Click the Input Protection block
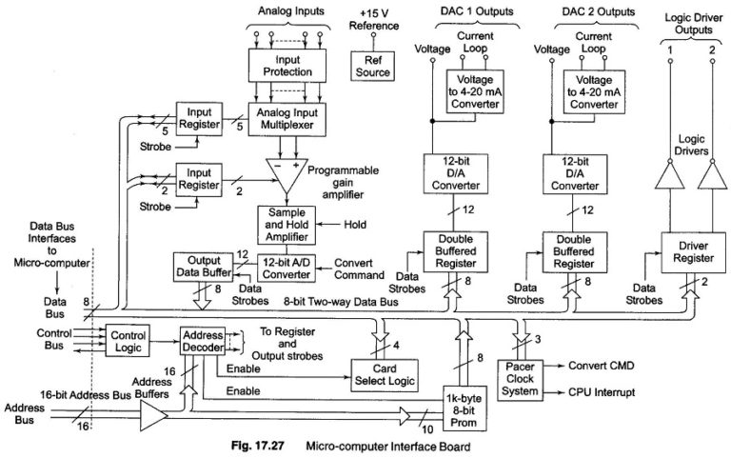[x=286, y=65]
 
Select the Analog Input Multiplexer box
[x=286, y=117]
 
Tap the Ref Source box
[x=372, y=66]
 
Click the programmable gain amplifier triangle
[x=286, y=169]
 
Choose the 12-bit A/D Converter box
[x=287, y=267]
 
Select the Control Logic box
[x=127, y=341]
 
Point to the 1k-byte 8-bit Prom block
[x=466, y=407]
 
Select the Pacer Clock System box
[x=525, y=378]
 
